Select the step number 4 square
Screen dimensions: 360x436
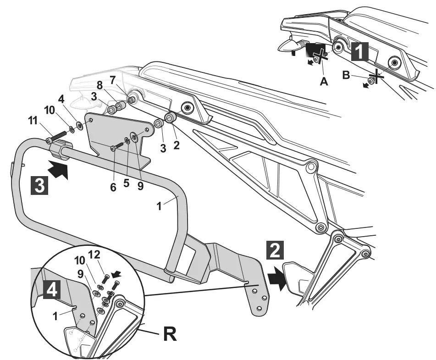[x=52, y=290]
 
